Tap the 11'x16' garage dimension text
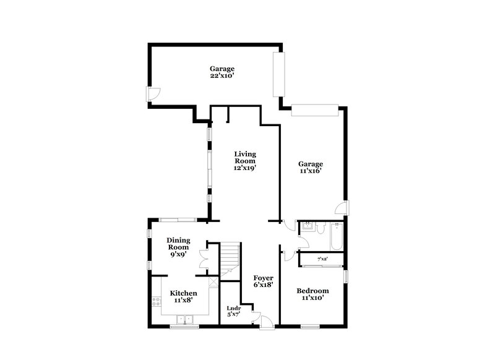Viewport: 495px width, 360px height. [x=311, y=171]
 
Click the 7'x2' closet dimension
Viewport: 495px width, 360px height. [x=322, y=259]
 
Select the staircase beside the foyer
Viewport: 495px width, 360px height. [x=230, y=257]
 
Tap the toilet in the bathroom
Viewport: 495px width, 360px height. [x=320, y=229]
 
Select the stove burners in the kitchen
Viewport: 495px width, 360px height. [x=155, y=303]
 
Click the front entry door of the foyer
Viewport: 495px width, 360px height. [x=265, y=321]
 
